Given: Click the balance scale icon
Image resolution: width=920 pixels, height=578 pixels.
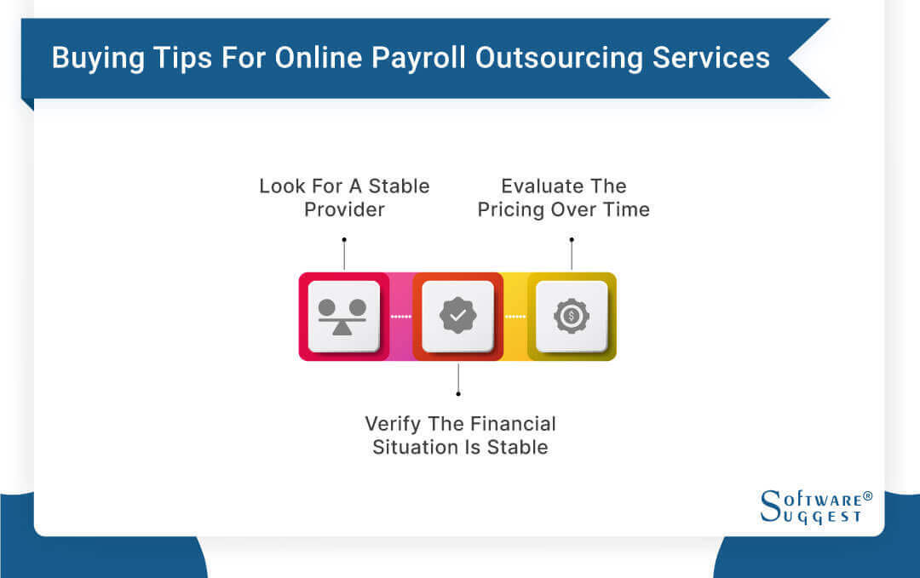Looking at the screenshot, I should pos(343,316).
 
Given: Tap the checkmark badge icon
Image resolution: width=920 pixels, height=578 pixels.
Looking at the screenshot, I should pos(458,316).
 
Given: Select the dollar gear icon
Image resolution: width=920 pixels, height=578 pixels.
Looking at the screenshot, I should pos(572,316).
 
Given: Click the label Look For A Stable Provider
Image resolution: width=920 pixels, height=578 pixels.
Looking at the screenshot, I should pos(344,197).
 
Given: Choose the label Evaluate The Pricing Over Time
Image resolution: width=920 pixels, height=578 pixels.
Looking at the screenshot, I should pos(563,197).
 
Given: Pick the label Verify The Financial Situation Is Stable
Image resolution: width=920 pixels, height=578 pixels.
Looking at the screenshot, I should pos(460,435).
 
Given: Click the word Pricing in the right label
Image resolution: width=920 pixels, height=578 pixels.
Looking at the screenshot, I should pos(514,209).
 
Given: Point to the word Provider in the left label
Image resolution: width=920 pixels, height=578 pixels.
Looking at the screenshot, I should pos(344,209).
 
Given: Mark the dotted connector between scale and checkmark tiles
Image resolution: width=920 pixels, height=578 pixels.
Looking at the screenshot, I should pos(400,317).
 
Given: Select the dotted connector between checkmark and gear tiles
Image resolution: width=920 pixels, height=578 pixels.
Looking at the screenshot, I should pos(515,317).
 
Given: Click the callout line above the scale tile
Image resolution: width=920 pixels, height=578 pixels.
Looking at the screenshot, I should pos(344,255).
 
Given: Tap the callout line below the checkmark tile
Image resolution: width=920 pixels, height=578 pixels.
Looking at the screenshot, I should pos(458,377).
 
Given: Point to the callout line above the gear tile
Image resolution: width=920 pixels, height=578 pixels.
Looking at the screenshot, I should pos(572,255).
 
